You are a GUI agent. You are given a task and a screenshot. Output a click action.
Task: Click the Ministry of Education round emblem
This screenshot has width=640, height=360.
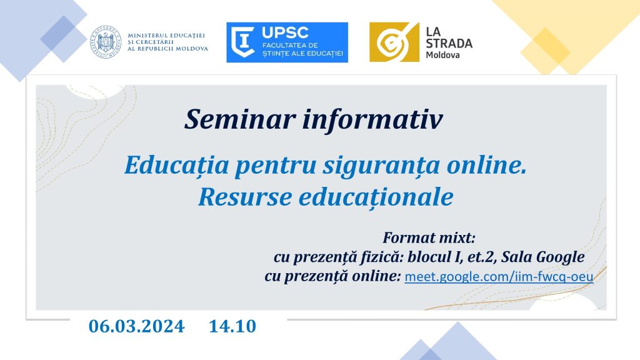coord(106,42)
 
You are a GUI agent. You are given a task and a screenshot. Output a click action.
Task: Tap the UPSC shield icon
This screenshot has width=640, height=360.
coord(243,42)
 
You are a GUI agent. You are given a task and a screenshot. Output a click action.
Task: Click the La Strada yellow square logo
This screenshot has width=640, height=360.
coord(394,42)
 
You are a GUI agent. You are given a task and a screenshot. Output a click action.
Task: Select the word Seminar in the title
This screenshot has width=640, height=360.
coord(240,119)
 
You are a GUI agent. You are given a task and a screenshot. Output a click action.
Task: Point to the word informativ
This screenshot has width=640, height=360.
coord(372,119)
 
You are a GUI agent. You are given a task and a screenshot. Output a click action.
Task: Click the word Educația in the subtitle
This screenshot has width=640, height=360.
coord(177,165)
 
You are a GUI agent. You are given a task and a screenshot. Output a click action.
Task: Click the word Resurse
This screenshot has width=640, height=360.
coord(245,197)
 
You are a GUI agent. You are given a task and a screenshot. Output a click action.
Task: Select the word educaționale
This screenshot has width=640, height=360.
coord(376,197)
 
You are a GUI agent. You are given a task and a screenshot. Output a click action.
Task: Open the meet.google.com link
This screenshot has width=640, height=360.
coord(499,277)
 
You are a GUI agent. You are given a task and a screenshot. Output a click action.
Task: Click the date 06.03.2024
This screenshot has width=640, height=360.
coord(136,326)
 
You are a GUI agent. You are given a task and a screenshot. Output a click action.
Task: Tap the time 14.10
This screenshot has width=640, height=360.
coord(232,326)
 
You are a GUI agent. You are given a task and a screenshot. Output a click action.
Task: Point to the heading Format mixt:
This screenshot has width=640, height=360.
coord(429,237)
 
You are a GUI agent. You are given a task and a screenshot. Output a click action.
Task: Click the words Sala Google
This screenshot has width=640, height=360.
coord(543,257)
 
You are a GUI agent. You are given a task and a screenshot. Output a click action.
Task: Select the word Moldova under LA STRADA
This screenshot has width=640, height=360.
coord(443,55)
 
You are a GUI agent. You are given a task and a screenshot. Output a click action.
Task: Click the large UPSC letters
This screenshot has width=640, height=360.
coord(285,32)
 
